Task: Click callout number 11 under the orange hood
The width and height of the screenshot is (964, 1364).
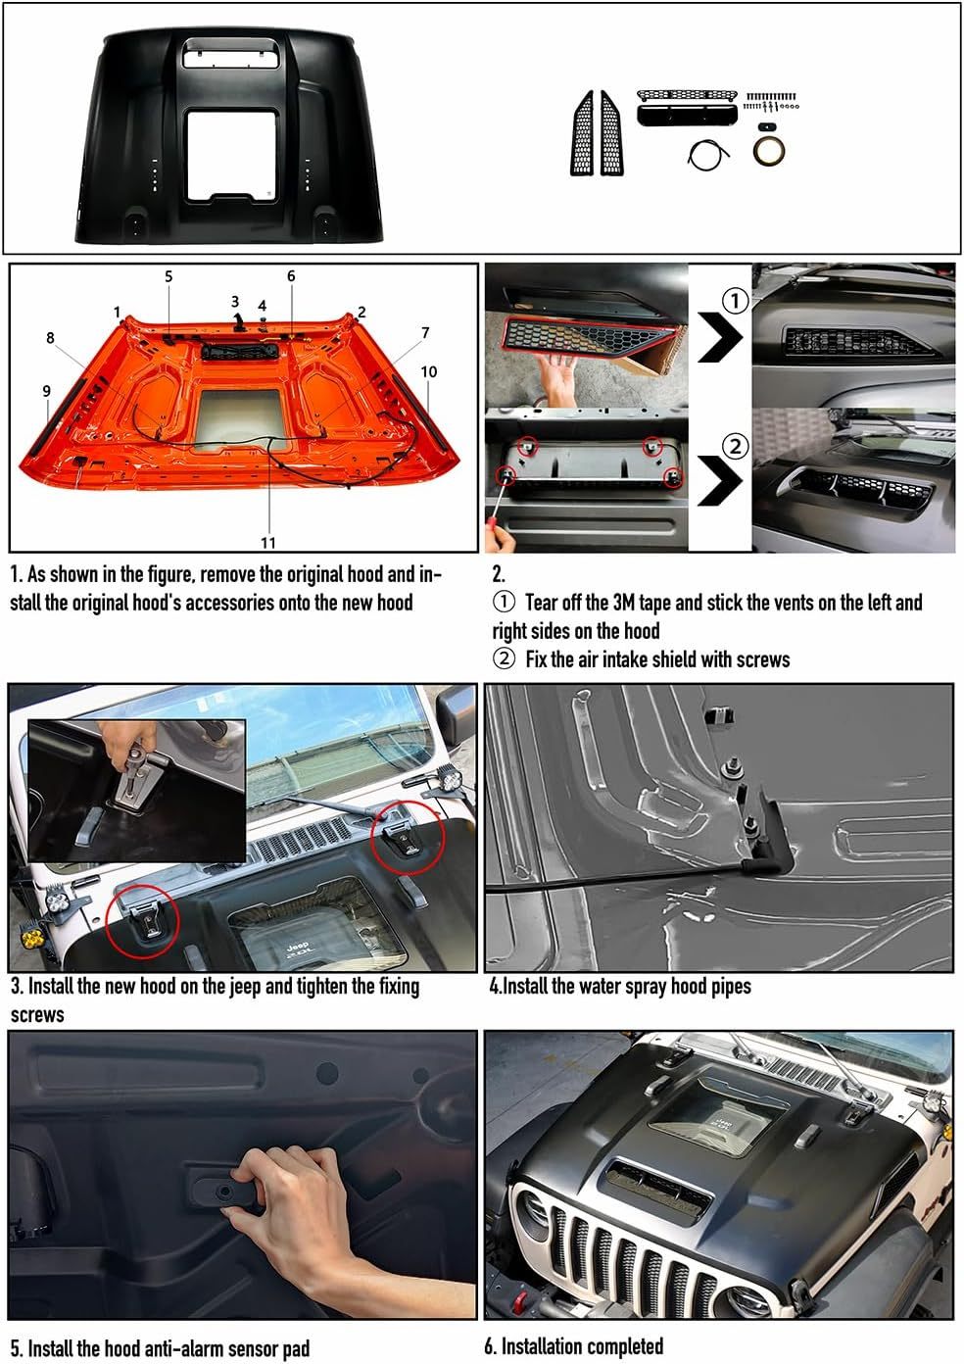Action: pos(267,542)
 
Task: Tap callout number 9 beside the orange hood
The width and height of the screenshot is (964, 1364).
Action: pos(46,391)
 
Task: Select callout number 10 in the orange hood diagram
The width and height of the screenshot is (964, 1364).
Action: pos(429,371)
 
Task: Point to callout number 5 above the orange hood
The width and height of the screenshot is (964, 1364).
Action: pos(169,276)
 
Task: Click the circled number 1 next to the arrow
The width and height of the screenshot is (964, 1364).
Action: pos(735,301)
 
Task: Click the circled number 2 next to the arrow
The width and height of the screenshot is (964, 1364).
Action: pos(735,447)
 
